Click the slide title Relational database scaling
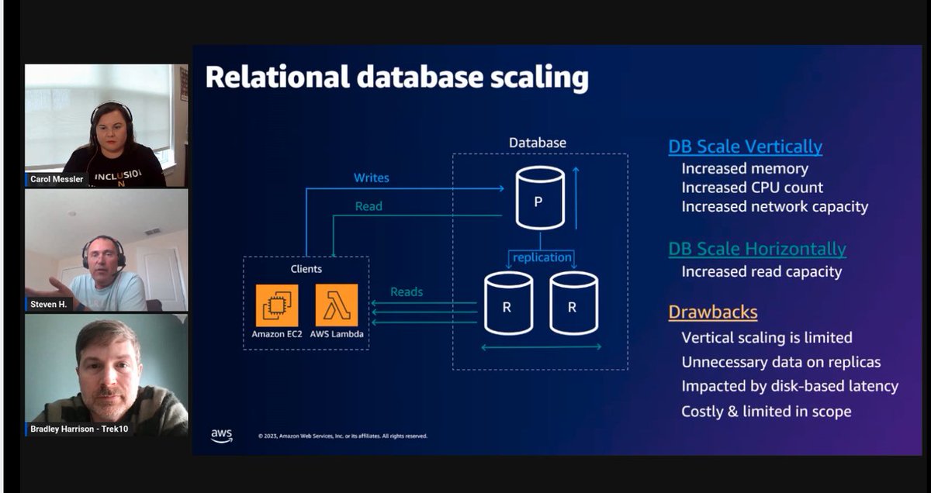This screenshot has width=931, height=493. pos(396,78)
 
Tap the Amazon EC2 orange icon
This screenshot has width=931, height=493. pos(277,305)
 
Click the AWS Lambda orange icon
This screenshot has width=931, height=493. pos(337,305)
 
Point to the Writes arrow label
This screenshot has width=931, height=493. pos(372,178)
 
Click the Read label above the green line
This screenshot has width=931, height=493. pos(369,206)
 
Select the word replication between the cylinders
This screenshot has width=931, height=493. pos(542,257)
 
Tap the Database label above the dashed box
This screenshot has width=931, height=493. pos(538,143)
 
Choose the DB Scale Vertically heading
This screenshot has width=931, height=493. pos(745,147)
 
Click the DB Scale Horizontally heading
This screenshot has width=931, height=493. pos(756,249)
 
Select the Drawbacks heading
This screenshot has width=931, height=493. pos(712,312)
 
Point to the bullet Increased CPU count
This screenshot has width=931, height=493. pos(752,188)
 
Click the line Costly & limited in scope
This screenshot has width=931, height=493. pos(766,411)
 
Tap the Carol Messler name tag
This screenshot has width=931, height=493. pos(57,179)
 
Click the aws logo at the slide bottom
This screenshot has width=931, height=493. pos(221,436)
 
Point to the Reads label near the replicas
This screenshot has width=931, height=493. pos(407,291)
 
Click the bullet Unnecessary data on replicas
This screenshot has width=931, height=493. pos(780,362)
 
